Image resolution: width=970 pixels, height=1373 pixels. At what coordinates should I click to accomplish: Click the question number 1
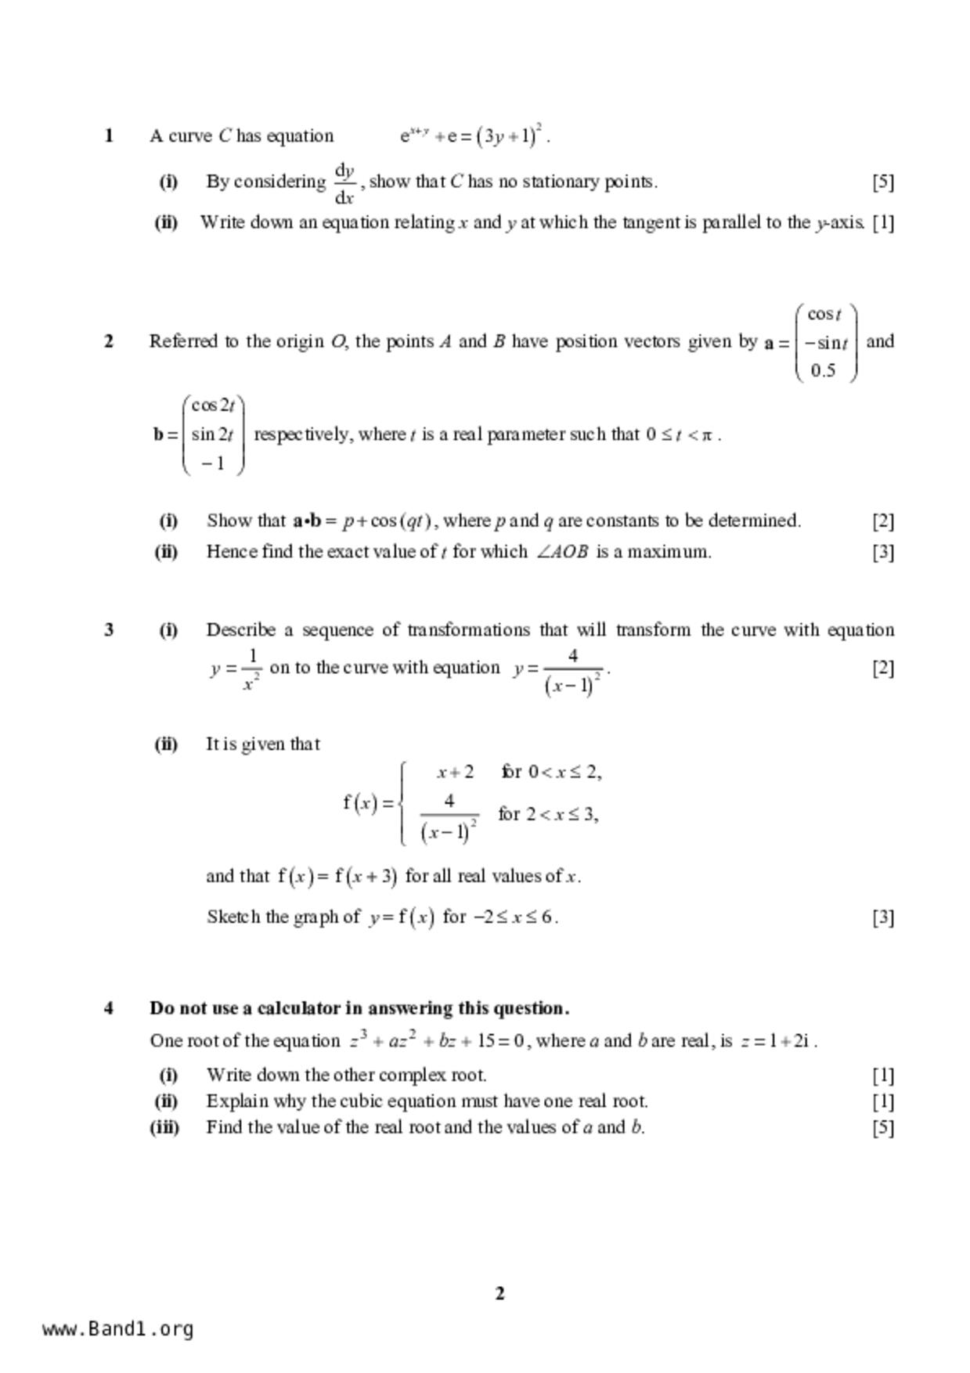point(109,136)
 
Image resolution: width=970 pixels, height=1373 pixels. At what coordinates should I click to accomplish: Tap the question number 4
point(109,1008)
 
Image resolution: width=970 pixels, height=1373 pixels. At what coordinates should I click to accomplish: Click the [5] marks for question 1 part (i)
point(882,182)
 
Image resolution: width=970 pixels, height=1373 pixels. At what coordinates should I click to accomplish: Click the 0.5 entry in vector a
point(823,370)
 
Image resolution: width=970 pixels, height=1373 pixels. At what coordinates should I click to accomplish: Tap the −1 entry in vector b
point(212,463)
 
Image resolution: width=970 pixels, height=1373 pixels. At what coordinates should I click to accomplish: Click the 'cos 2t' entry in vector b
point(213,405)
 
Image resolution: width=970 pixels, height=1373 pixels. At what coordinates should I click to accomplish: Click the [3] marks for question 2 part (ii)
point(882,552)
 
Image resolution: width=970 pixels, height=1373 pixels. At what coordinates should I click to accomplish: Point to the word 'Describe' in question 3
point(240,630)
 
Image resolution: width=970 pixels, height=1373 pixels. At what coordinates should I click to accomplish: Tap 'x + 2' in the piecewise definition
point(455,773)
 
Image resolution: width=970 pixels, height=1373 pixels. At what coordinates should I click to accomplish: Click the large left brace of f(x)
point(402,804)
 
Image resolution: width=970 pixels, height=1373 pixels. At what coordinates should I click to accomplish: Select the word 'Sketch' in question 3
point(233,917)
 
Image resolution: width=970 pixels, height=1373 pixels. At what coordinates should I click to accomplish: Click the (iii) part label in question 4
point(164,1127)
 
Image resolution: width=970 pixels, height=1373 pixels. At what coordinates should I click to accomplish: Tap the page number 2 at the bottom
point(500,1293)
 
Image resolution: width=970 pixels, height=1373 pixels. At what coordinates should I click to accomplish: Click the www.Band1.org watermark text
point(118,1329)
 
